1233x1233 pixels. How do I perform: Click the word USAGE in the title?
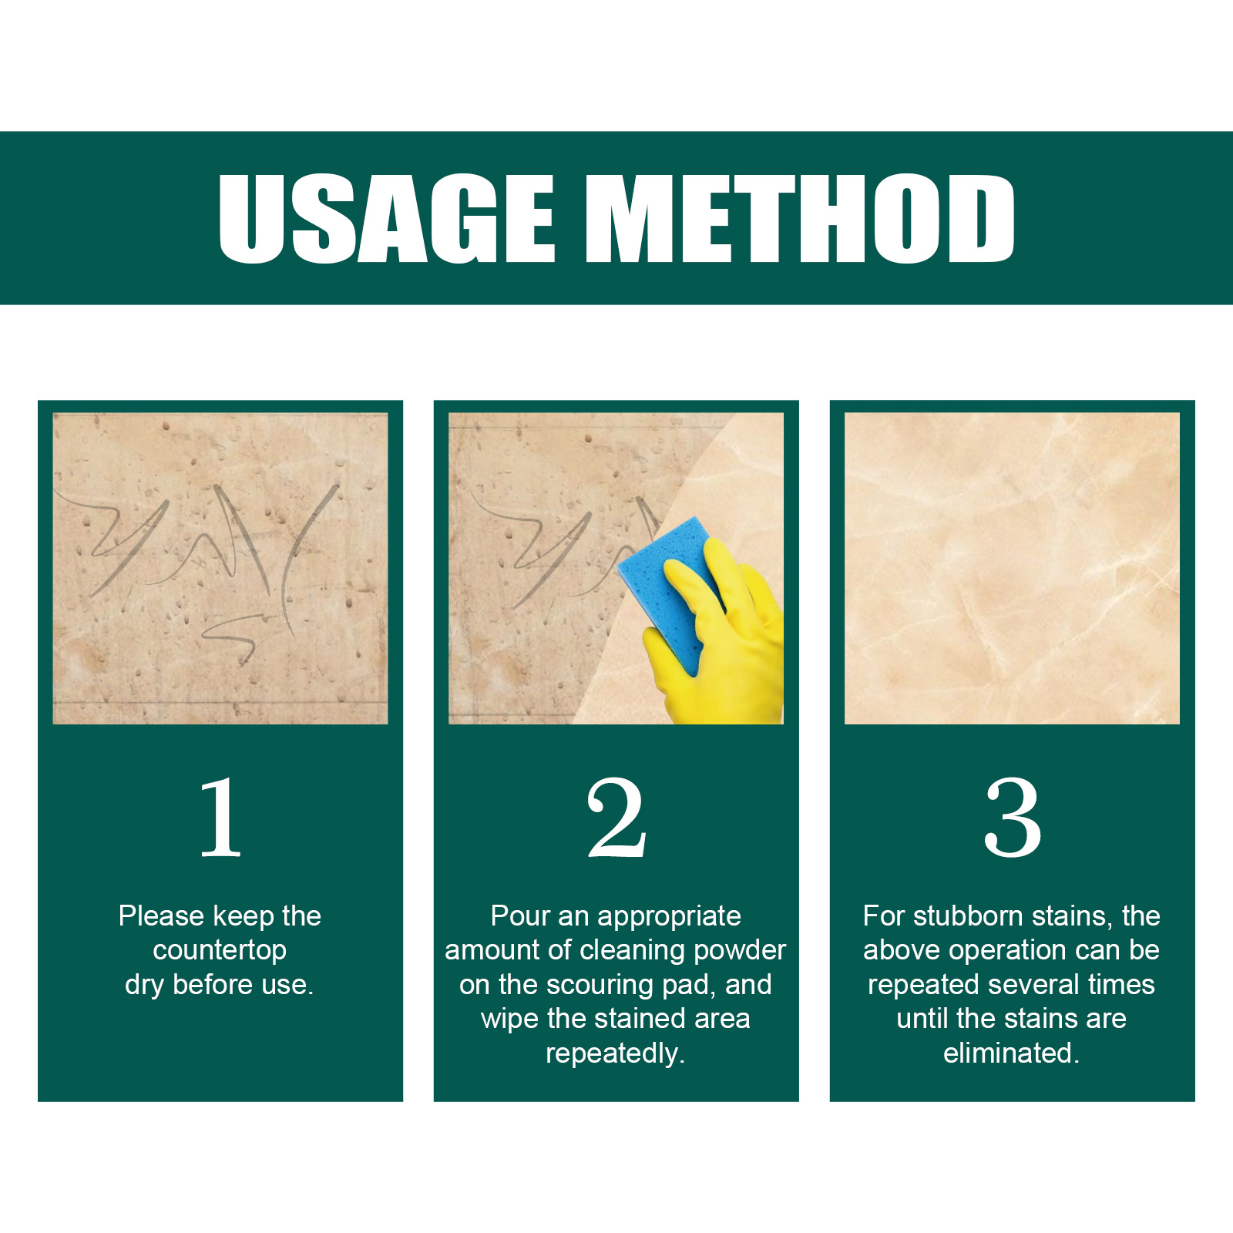(387, 218)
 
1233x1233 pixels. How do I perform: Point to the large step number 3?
(1013, 818)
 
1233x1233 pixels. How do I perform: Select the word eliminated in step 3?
(1011, 1053)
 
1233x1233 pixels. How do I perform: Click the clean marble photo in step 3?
(1012, 568)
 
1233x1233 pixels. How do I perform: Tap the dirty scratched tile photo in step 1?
(220, 568)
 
